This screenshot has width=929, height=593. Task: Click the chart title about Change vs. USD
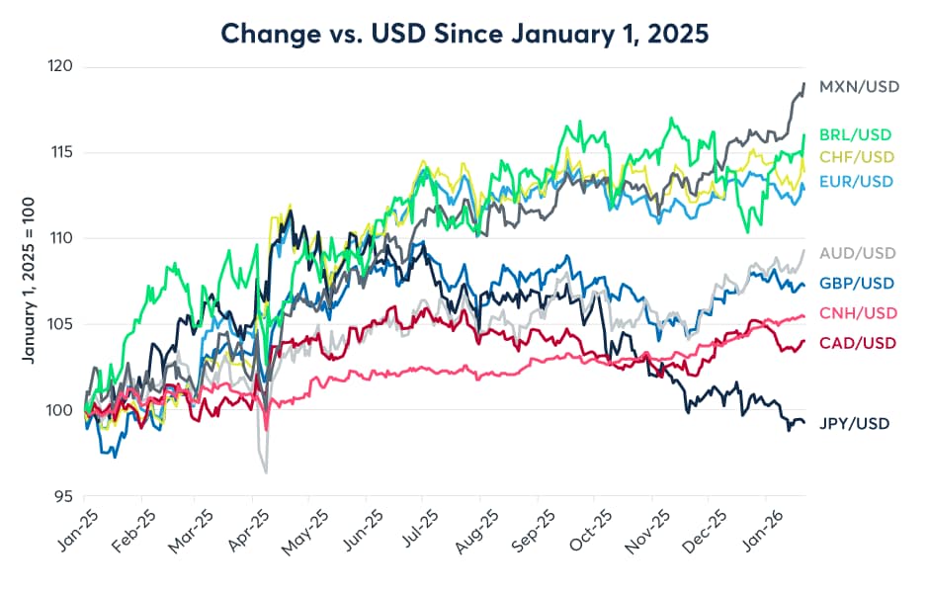coord(464,33)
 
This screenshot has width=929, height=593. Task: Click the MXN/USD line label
coord(859,87)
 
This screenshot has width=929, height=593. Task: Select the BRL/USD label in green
coord(856,132)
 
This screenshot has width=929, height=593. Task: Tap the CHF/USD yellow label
coord(856,157)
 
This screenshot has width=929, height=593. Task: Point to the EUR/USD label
coord(856,181)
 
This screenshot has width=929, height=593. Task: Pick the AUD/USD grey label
coord(856,254)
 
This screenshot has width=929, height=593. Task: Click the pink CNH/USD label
coord(856,313)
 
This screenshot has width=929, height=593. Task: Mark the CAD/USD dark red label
coord(856,343)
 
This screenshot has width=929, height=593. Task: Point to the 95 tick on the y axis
coord(64,496)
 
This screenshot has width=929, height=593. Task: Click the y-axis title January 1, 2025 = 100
coord(30,282)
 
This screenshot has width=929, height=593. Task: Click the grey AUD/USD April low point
coord(266,472)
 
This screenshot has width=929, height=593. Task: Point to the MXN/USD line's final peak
coord(803,84)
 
